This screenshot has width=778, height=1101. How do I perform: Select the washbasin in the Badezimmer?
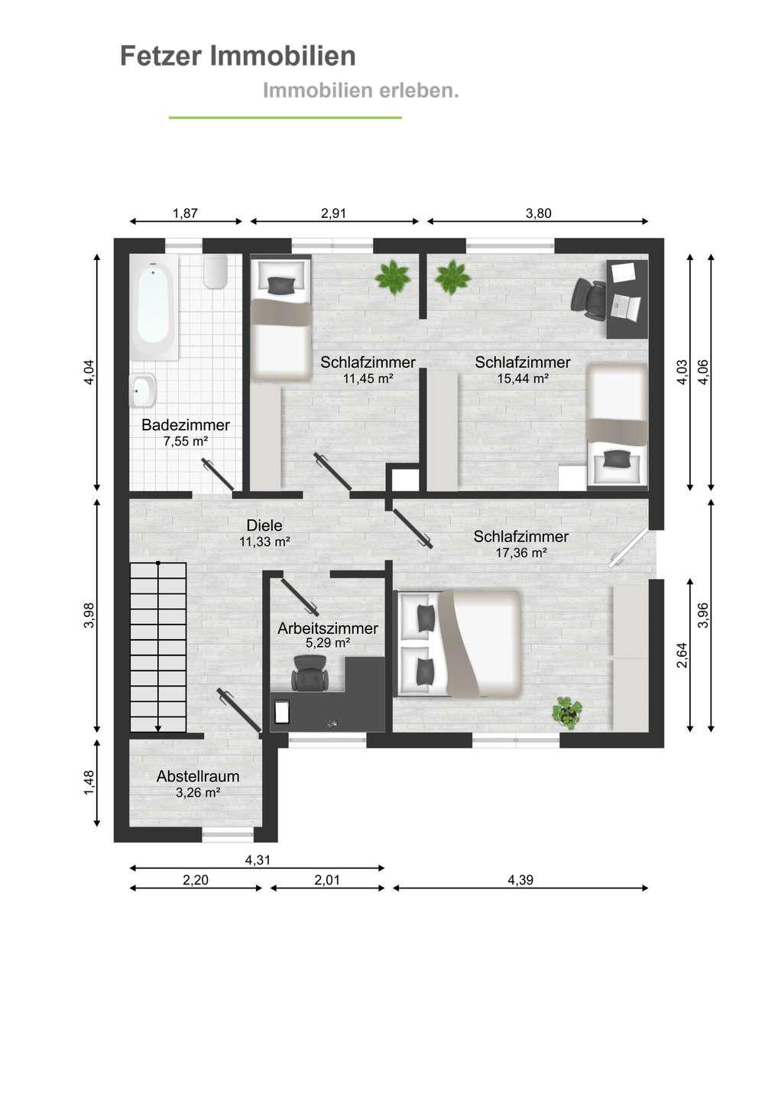pos(142,391)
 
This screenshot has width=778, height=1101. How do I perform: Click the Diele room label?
pos(264,525)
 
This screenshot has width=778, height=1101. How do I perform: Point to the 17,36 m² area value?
pos(521,553)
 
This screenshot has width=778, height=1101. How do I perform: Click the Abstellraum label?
pos(198,776)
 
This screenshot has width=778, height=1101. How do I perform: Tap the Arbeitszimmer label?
pos(328,628)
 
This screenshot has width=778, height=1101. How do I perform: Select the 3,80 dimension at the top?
pos(538,213)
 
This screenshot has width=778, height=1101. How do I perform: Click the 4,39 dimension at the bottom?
pos(520,879)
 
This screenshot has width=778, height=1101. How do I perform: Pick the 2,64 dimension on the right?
pos(682,655)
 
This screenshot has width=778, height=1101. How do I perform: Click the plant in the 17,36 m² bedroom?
pos(567,713)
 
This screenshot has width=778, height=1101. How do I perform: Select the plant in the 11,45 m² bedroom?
pos(392,278)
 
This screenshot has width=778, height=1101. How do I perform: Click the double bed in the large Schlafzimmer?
pos(459,644)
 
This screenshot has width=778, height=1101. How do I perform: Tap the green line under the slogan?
pos(285,118)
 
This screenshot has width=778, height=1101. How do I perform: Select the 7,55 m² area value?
pos(185,441)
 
